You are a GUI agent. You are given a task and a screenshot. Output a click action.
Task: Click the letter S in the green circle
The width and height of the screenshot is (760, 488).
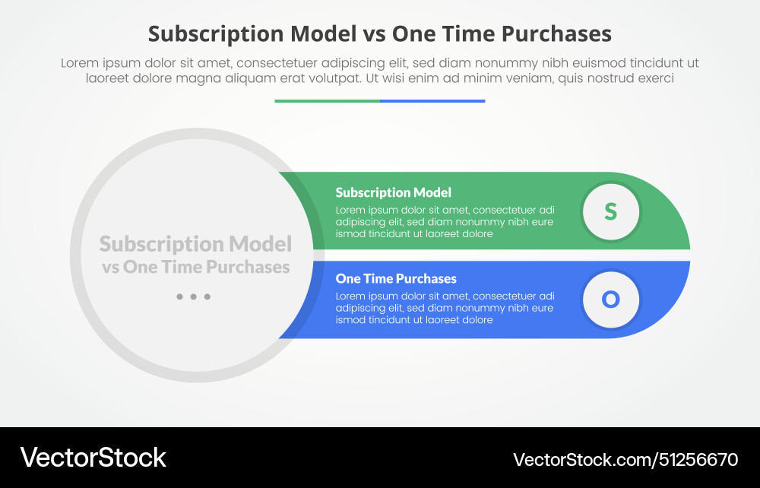[x=611, y=211]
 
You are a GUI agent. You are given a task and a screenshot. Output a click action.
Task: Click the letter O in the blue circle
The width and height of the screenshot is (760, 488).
[x=611, y=299]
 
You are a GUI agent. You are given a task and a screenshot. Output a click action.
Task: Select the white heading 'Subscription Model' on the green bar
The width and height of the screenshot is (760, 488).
[x=393, y=192]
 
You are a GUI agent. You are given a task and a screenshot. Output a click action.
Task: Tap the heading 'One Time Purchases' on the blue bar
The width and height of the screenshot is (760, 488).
[x=396, y=279]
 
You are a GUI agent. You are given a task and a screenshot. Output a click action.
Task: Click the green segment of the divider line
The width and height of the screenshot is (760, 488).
[x=327, y=100]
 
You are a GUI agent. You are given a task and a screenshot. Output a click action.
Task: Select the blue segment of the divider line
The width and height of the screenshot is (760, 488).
[x=432, y=100]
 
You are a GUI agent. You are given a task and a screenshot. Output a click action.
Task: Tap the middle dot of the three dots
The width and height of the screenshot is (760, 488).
[x=193, y=296]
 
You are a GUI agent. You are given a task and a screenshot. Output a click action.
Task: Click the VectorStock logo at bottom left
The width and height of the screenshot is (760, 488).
[x=93, y=458]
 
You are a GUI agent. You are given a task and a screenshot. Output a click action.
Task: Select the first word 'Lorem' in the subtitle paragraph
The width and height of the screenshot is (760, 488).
[x=78, y=63]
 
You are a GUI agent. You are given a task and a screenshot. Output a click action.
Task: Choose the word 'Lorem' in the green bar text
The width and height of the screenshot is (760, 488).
[x=350, y=210]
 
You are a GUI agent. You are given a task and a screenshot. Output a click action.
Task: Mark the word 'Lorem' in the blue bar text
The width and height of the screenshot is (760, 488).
[x=350, y=296]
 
